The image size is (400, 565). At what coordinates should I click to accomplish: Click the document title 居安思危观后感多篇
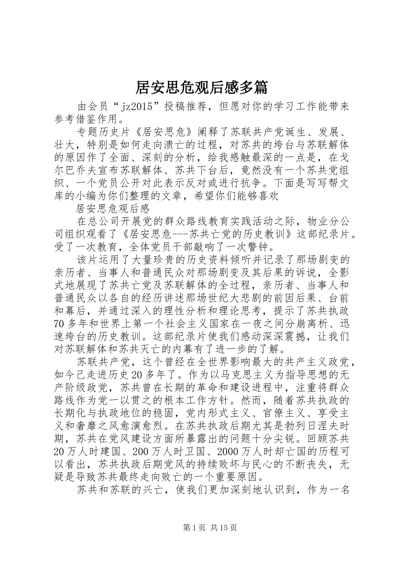tap(201, 87)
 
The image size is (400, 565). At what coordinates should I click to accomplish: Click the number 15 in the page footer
tap(225, 528)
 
